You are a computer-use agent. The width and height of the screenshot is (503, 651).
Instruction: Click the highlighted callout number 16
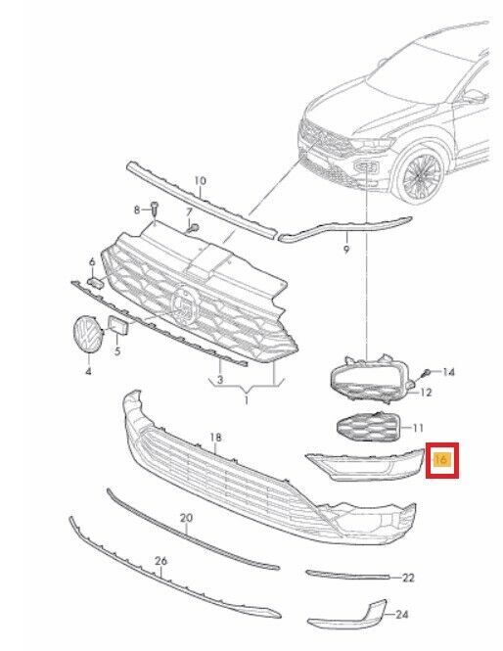coord(440,459)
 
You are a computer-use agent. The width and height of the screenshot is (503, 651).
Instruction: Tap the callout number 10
coord(200,181)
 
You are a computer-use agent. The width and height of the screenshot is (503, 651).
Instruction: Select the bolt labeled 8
coord(155,209)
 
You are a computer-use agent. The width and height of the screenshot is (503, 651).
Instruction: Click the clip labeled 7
coord(194,227)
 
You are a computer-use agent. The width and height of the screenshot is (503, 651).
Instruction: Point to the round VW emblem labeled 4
coord(88,335)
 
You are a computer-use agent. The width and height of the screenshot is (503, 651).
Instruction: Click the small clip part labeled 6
coord(96,282)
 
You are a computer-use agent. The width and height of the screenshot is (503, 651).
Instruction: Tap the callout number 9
coord(346,250)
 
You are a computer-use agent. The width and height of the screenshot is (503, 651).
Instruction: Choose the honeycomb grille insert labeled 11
coord(367,426)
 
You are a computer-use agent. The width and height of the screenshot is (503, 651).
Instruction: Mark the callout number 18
coord(215,438)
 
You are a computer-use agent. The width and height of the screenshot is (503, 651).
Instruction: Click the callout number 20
coord(186,518)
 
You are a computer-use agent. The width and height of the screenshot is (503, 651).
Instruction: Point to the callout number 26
coord(161,561)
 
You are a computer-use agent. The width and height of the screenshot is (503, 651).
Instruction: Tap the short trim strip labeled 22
coord(347,575)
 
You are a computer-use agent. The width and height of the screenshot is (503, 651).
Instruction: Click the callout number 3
coord(220,379)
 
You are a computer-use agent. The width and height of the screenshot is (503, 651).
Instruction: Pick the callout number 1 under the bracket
coord(246,400)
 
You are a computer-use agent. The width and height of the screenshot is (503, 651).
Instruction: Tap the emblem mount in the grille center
coord(186,302)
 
